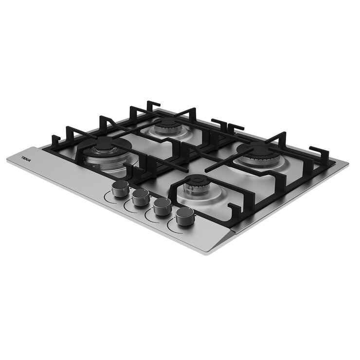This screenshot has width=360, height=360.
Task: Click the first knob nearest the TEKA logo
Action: (119, 189)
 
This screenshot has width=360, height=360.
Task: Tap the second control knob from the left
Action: (141, 197)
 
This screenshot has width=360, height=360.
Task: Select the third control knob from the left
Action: (162, 206)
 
